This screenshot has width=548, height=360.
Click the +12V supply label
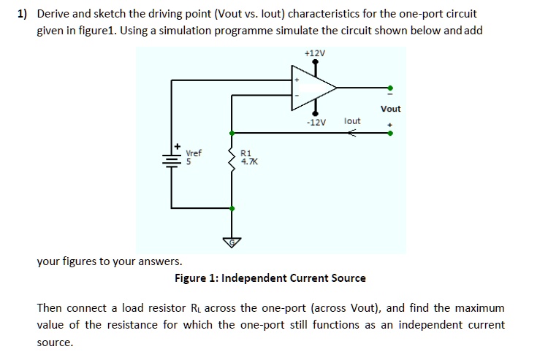click(315, 53)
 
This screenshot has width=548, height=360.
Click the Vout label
click(390, 109)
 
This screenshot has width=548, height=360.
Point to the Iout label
click(352, 120)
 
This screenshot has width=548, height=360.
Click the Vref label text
click(194, 153)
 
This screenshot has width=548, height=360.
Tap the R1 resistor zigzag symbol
click(232, 158)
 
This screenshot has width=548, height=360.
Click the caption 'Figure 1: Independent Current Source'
click(270, 278)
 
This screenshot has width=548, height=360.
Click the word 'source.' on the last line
click(55, 342)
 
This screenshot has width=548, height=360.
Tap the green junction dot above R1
click(232, 134)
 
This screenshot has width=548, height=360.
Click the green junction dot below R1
click(232, 208)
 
